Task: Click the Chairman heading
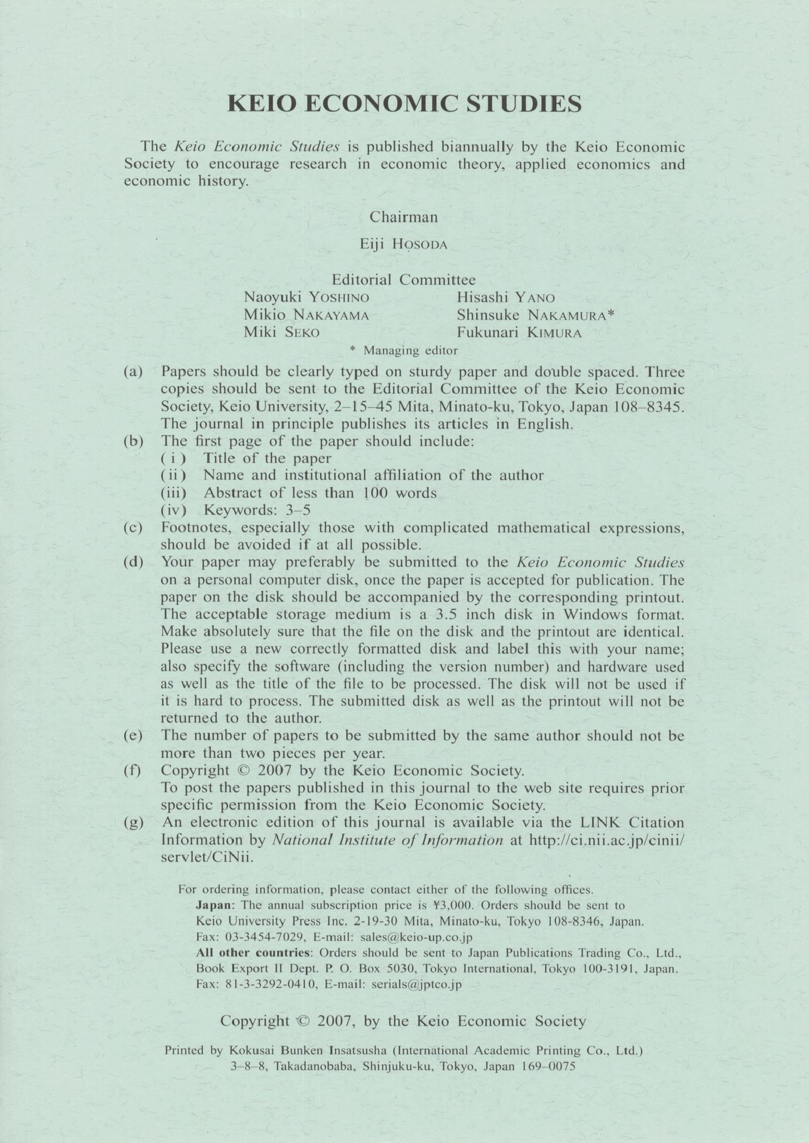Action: [x=404, y=217]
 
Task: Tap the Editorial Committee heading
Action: [x=404, y=280]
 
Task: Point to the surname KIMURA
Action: [x=554, y=333]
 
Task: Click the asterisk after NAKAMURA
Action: [x=610, y=315]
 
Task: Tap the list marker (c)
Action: [x=133, y=527]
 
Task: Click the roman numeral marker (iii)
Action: [x=173, y=493]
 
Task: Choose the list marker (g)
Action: [x=133, y=822]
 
